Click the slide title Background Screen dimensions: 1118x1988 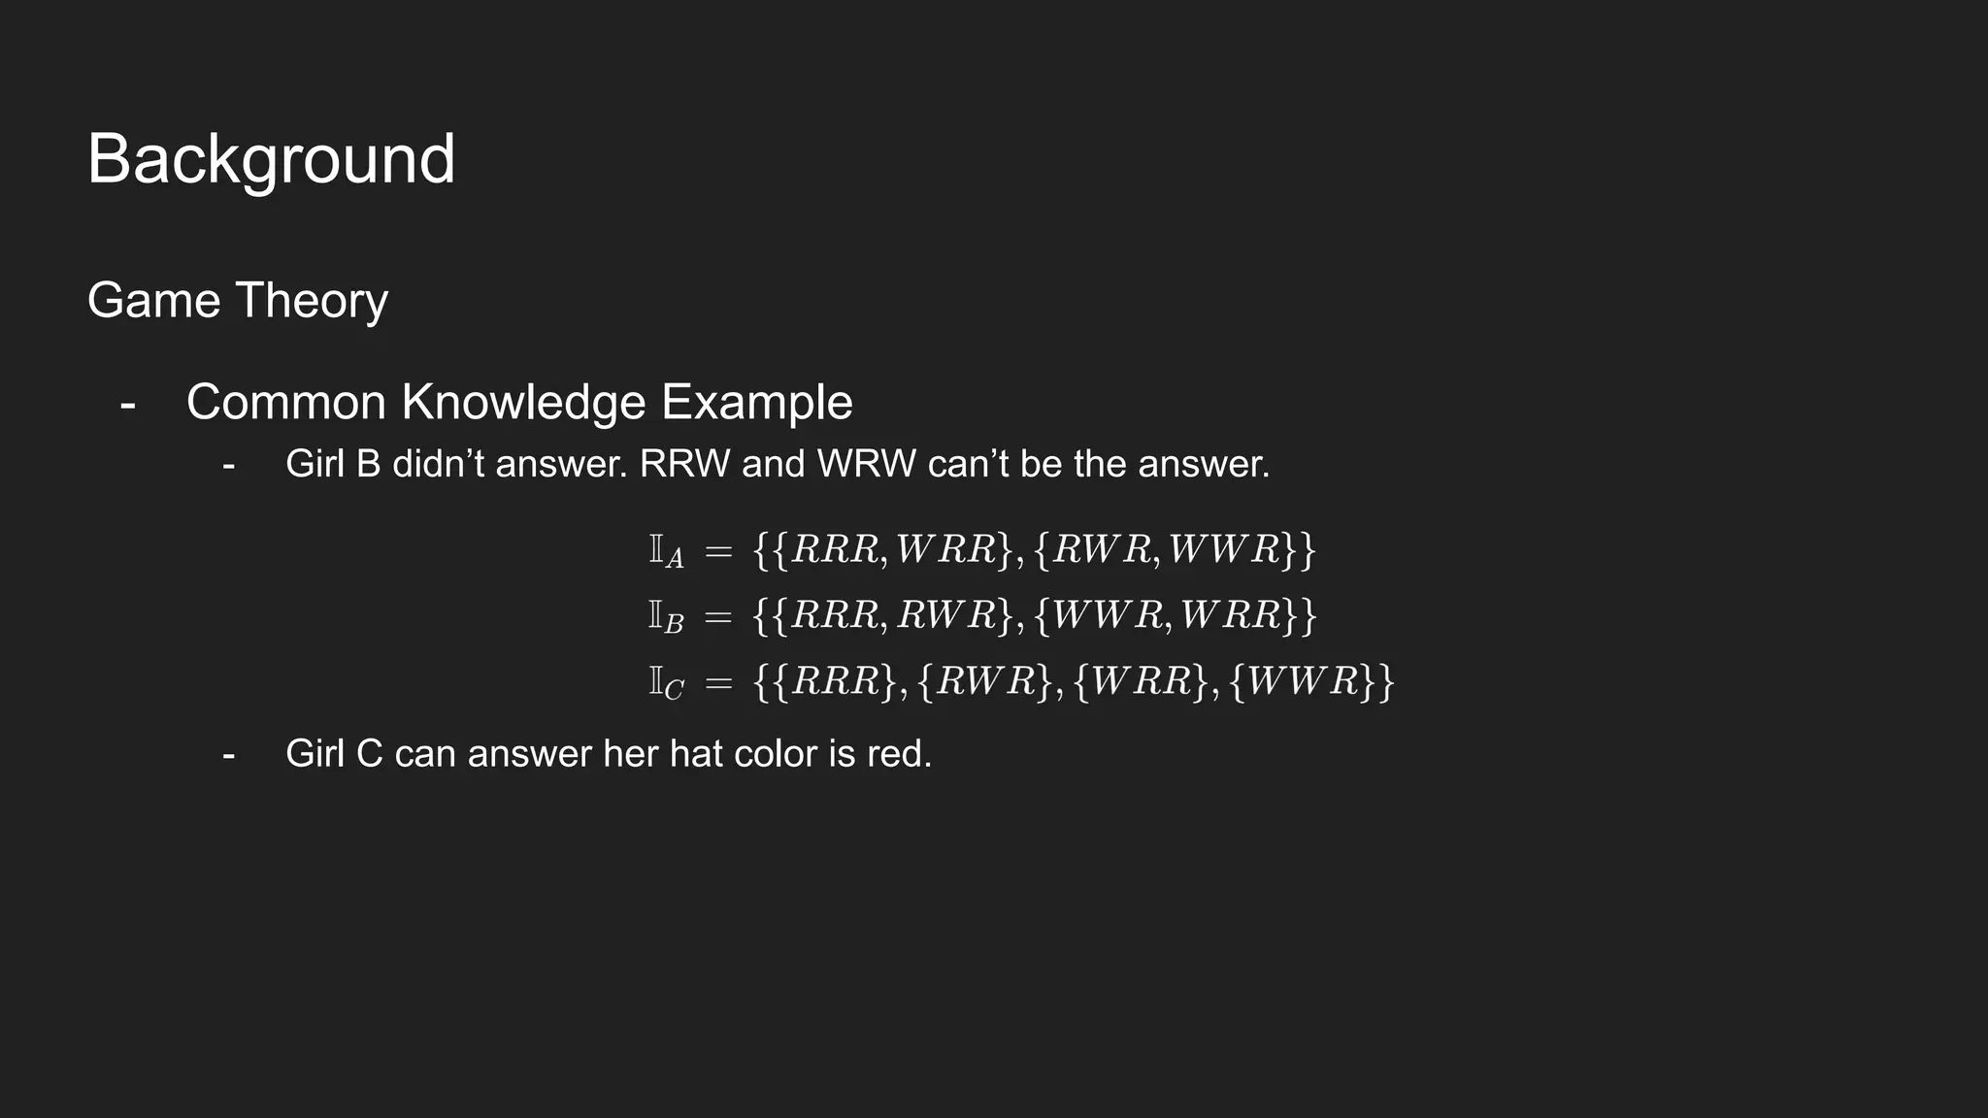(x=271, y=159)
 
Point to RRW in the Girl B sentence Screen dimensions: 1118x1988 (x=684, y=464)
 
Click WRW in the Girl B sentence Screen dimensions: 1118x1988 (x=866, y=464)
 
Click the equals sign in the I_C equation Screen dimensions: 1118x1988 (x=718, y=682)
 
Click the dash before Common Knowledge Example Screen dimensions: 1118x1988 (x=127, y=403)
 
